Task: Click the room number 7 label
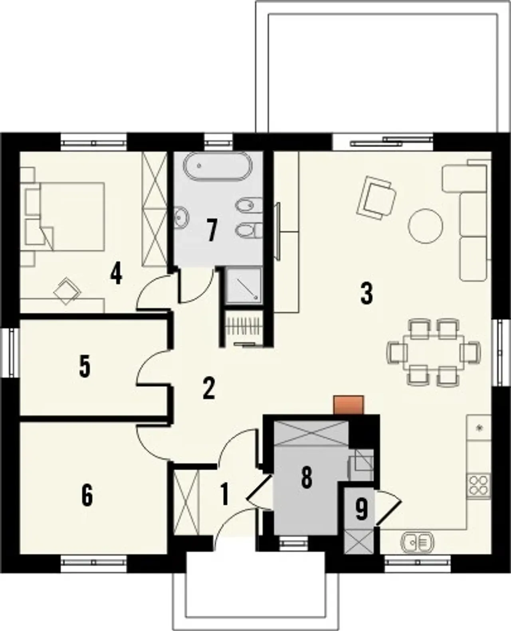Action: (212, 230)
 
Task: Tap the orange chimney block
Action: (349, 405)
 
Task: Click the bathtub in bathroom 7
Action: (218, 167)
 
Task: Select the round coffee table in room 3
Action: (426, 226)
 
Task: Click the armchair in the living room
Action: (376, 198)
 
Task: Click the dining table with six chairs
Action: (434, 352)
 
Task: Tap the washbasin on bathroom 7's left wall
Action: (181, 218)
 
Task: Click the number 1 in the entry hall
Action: (225, 494)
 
